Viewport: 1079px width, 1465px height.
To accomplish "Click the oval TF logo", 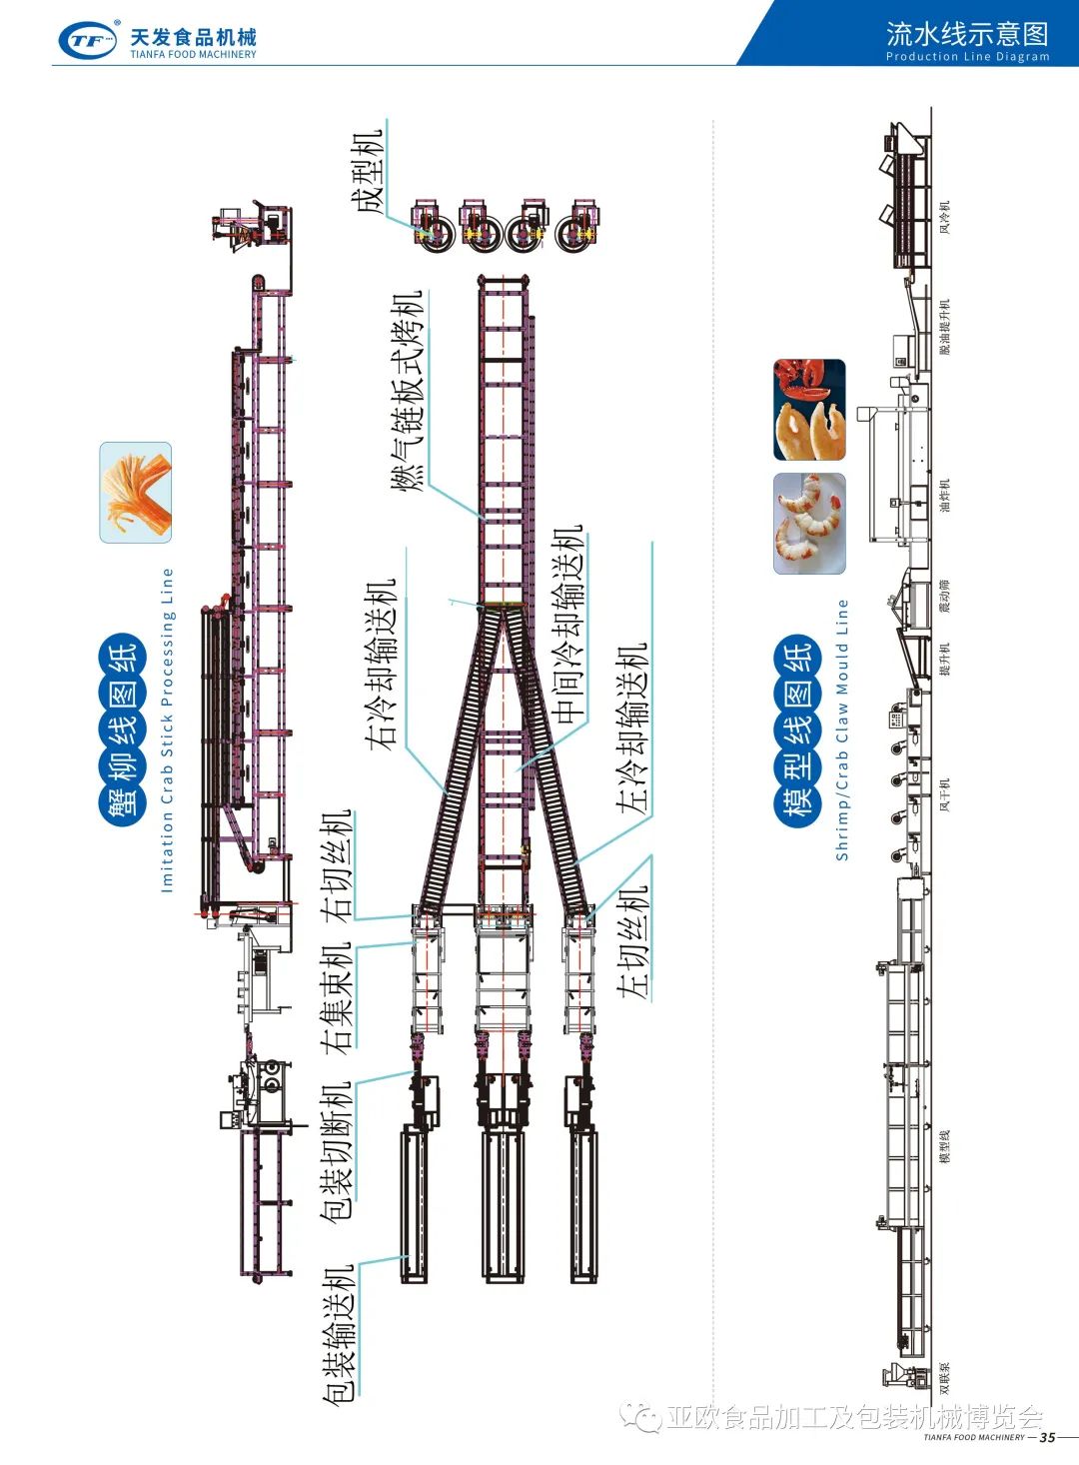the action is pos(88,41).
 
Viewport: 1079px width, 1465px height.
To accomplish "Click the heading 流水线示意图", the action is pos(966,34).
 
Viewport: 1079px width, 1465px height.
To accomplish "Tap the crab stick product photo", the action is pos(136,493).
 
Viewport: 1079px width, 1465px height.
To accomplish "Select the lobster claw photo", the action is pos(809,410).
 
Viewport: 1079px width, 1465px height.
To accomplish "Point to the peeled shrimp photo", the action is pos(809,524).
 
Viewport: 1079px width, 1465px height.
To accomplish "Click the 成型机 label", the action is pos(366,170).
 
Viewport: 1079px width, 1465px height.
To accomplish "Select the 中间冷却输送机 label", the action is pos(567,626).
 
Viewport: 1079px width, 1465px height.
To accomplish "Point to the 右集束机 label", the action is pos(337,997).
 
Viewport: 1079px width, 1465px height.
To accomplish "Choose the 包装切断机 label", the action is pos(336,1152).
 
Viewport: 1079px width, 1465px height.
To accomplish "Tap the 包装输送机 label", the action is pos(339,1334).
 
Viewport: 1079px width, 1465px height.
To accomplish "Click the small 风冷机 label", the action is pos(945,217).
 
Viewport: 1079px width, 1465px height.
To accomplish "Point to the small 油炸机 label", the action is pos(945,496).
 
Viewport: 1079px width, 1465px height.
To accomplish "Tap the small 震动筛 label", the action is pos(945,596).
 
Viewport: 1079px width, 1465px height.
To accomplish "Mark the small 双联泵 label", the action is pos(945,1378).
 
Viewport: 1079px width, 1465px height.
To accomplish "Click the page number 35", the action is pos(1047,1437).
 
